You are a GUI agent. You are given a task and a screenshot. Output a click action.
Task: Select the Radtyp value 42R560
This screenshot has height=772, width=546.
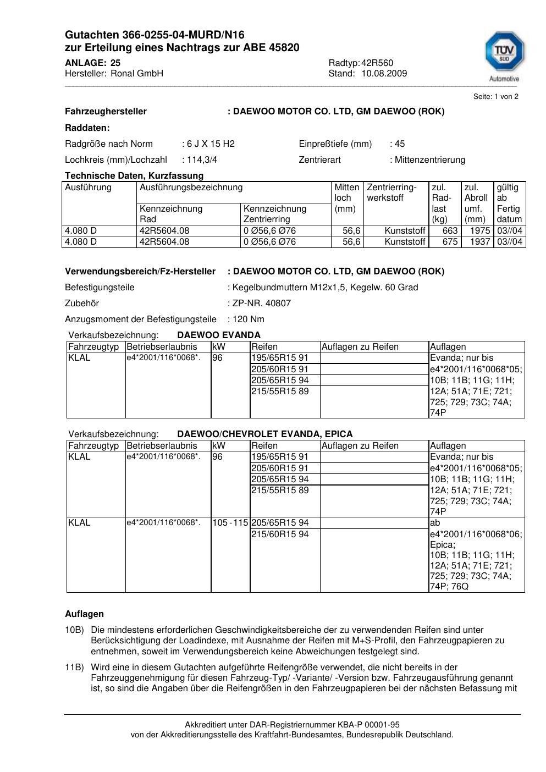pos(377,63)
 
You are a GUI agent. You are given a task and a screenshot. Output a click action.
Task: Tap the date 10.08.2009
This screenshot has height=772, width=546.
pos(384,74)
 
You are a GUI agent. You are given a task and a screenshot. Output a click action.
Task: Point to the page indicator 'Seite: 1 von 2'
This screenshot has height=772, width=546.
pos(495,97)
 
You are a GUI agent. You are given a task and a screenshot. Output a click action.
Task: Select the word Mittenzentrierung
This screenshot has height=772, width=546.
pos(429,160)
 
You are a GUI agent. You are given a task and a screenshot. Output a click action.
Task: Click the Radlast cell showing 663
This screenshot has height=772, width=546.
pos(450,231)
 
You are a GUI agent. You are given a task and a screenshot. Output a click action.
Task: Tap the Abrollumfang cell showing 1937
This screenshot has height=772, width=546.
pos(480,242)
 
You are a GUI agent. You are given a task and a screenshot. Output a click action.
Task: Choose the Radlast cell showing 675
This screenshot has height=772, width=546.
pos(450,242)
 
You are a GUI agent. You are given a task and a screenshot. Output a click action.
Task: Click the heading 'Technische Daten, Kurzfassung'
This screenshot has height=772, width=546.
pos(134,176)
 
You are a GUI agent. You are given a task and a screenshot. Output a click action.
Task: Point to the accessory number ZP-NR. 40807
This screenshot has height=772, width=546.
pos(262,304)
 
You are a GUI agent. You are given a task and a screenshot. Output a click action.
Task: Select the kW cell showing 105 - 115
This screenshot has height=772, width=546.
pos(230,523)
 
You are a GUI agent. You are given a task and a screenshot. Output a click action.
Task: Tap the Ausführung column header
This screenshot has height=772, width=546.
pos(88,188)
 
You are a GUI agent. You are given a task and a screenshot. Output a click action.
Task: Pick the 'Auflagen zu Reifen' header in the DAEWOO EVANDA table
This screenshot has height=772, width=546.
pos(360,347)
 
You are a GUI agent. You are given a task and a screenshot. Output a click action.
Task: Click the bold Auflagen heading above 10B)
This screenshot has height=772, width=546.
pos(84,614)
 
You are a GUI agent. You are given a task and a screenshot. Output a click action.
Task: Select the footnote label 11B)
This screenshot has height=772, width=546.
pos(74,668)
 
